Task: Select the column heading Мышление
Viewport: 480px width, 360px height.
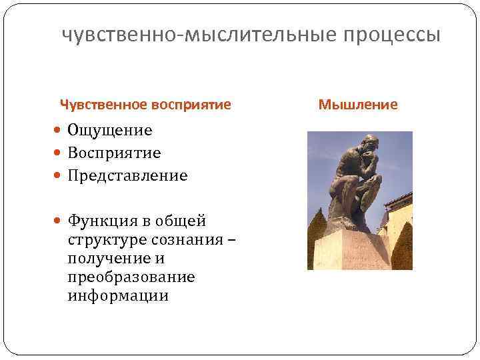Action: [x=358, y=105]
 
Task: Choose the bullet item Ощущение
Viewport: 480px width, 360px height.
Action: [x=109, y=131]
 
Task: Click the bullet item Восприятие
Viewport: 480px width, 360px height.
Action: [x=114, y=153]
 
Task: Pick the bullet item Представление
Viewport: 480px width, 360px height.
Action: [x=127, y=176]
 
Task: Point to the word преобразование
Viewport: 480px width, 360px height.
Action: [x=131, y=277]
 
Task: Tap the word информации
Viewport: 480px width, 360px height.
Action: [x=118, y=295]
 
